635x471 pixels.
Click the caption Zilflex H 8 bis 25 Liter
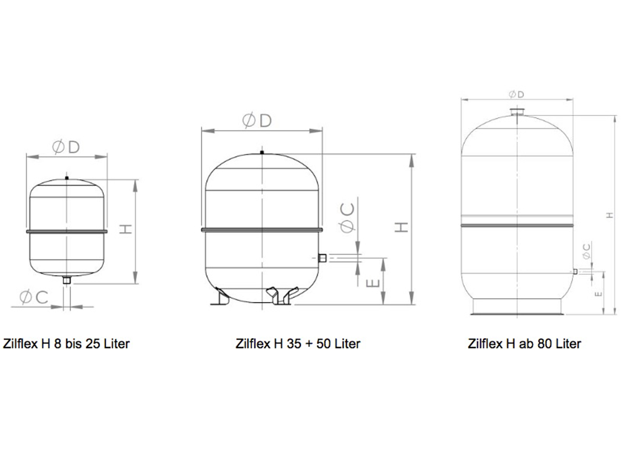tap(66, 344)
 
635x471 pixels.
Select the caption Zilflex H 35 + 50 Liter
tap(298, 344)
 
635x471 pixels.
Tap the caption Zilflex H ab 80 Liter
tap(524, 344)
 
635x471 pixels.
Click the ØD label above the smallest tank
tap(66, 147)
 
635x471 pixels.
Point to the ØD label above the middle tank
tap(257, 121)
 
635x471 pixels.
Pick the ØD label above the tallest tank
tap(516, 94)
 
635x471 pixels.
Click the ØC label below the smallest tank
tap(34, 297)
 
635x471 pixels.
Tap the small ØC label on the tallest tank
tap(586, 251)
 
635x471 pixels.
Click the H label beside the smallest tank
tap(126, 229)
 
